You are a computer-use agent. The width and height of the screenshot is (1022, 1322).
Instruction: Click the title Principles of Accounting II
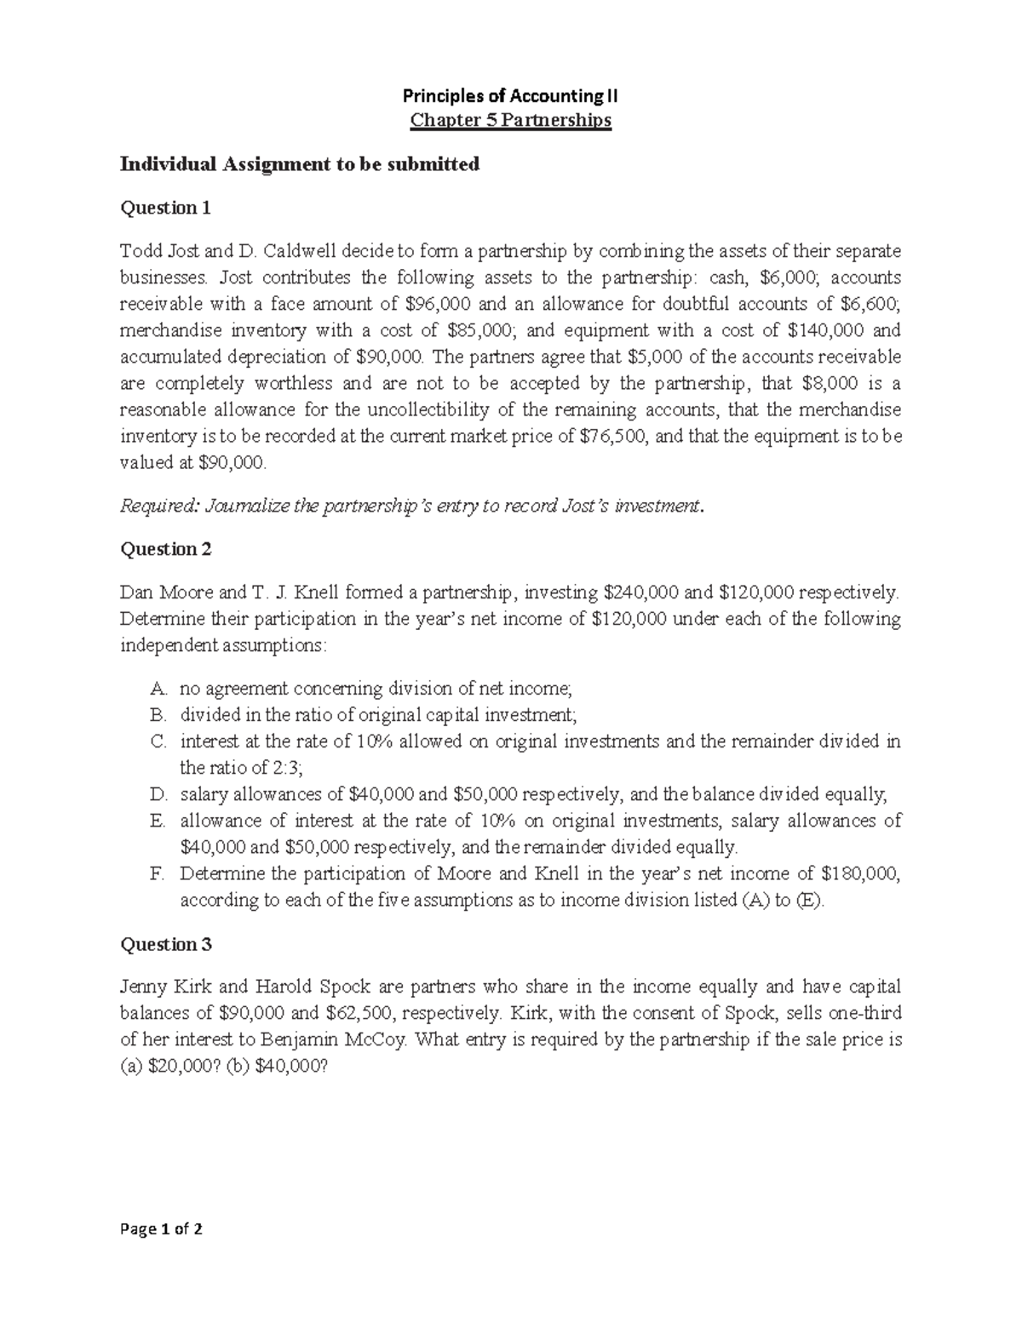[x=510, y=97]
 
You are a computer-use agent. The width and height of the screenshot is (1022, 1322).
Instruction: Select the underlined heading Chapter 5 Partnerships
[x=510, y=120]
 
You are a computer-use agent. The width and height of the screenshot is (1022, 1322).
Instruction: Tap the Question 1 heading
[x=165, y=208]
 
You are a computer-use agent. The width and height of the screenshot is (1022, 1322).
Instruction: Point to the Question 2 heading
[x=165, y=549]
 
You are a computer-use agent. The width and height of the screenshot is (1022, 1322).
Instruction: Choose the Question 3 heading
[x=165, y=944]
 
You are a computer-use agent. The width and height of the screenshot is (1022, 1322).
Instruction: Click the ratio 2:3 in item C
[x=283, y=767]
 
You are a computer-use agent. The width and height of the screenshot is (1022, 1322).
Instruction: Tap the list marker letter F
[x=157, y=873]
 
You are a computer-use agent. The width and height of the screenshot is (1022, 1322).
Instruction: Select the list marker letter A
[x=157, y=688]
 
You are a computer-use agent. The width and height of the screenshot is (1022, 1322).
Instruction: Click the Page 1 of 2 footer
[x=162, y=1229]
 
